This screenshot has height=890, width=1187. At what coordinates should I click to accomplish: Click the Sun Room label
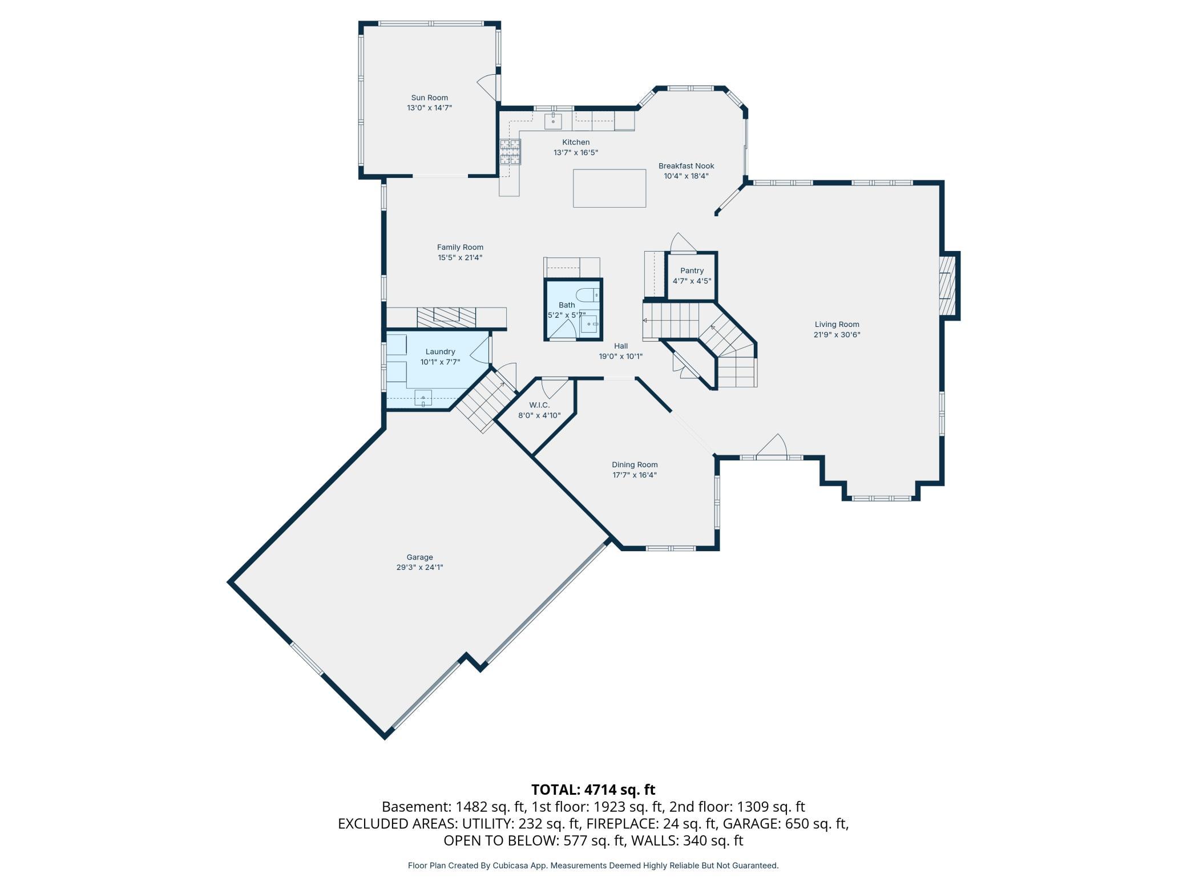429,98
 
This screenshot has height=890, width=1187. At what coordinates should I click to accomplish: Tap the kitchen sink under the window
553,121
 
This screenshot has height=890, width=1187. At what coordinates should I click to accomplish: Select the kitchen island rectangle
609,188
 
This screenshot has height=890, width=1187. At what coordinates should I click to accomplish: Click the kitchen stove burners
511,152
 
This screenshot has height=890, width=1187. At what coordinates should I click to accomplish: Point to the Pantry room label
692,270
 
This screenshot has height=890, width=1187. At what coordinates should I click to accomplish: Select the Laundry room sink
423,398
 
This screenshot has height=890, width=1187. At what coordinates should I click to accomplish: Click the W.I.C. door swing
555,389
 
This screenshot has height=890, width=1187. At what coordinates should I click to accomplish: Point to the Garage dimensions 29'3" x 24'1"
419,567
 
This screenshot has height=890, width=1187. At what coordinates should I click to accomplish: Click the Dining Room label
635,464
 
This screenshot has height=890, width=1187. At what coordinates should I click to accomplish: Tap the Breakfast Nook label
686,166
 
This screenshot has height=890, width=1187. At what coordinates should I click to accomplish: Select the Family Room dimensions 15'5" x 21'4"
460,257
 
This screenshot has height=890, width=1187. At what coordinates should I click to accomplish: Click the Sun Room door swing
487,88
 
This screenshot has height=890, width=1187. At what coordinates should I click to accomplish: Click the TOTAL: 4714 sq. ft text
593,790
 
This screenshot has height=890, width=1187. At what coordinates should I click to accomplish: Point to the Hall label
621,346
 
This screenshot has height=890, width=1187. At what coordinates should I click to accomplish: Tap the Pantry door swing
683,242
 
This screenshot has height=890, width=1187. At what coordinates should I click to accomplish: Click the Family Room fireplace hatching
446,317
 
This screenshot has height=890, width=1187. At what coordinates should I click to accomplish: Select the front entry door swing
772,446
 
